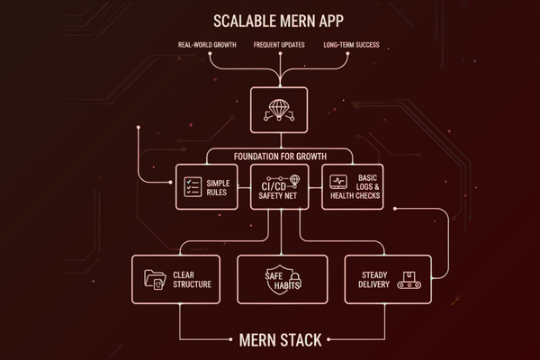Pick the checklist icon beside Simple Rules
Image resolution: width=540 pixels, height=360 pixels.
(x=192, y=188)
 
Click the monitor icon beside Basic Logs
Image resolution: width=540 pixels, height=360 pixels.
(x=340, y=182)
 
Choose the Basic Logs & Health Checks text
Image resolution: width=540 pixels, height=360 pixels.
(x=368, y=188)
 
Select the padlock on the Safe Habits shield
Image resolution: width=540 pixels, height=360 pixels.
(x=295, y=283)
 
